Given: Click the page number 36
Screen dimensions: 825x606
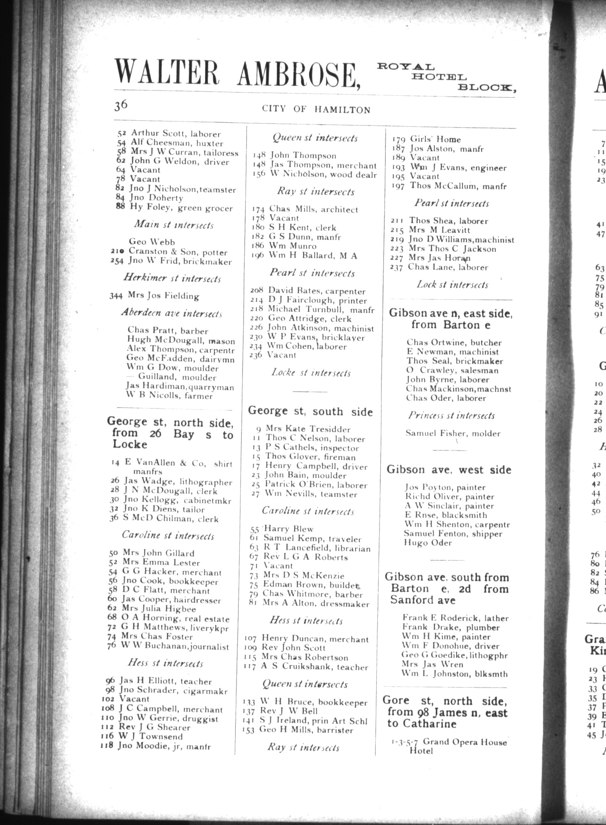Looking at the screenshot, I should (121, 105).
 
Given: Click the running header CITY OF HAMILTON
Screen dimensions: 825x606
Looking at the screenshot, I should (316, 109).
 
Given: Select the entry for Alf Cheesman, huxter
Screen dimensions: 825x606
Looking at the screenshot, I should (176, 143).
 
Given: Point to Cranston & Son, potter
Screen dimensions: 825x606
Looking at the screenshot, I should (177, 252).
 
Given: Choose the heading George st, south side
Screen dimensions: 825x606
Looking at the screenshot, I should (310, 411).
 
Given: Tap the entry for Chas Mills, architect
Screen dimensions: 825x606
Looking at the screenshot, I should (313, 209).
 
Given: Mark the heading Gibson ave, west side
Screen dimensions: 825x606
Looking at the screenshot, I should (449, 470).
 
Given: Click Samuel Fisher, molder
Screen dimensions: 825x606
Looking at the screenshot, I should (453, 433).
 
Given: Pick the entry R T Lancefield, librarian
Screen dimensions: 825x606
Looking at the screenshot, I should (317, 548).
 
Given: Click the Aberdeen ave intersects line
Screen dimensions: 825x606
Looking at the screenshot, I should (172, 313).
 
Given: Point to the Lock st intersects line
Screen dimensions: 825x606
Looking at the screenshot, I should (452, 285).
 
